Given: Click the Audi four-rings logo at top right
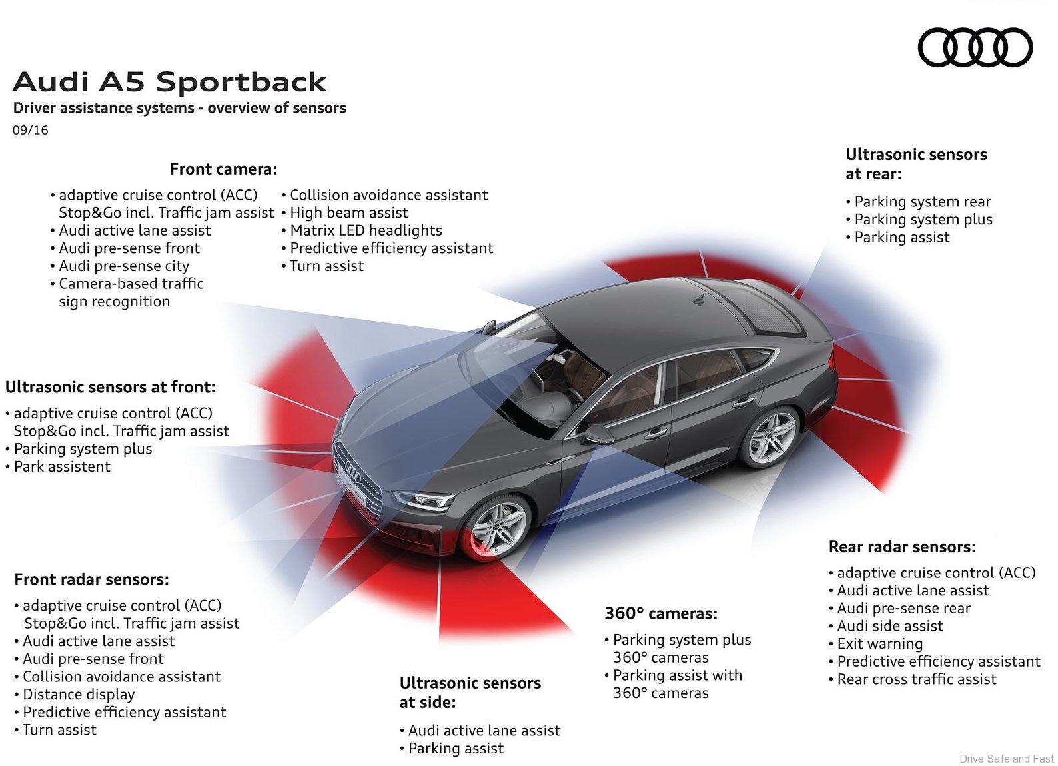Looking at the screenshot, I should point(975,47).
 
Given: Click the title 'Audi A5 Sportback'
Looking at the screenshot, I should point(169,81).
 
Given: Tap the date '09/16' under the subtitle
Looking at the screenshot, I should point(30,130).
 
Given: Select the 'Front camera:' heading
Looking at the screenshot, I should point(223,169).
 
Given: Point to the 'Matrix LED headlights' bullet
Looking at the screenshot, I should point(366,230).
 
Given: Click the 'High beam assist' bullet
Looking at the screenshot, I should point(349,213).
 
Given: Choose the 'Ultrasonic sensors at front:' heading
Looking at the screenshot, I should point(111,387).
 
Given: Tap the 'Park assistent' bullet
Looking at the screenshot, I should point(62,466).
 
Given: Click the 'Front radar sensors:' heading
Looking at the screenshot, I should point(91,579).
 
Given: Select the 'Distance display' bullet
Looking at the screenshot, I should point(79,694).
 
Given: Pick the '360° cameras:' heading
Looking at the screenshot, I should point(661,613).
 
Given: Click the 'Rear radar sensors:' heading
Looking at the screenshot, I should point(902,547).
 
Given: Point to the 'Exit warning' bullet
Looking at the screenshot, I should point(879,644).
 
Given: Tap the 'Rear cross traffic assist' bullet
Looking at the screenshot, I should point(917,679).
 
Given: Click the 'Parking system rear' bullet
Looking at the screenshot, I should point(923,202).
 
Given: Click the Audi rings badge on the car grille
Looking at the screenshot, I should point(352,474).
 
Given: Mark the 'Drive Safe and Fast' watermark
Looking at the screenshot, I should point(1007,758).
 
